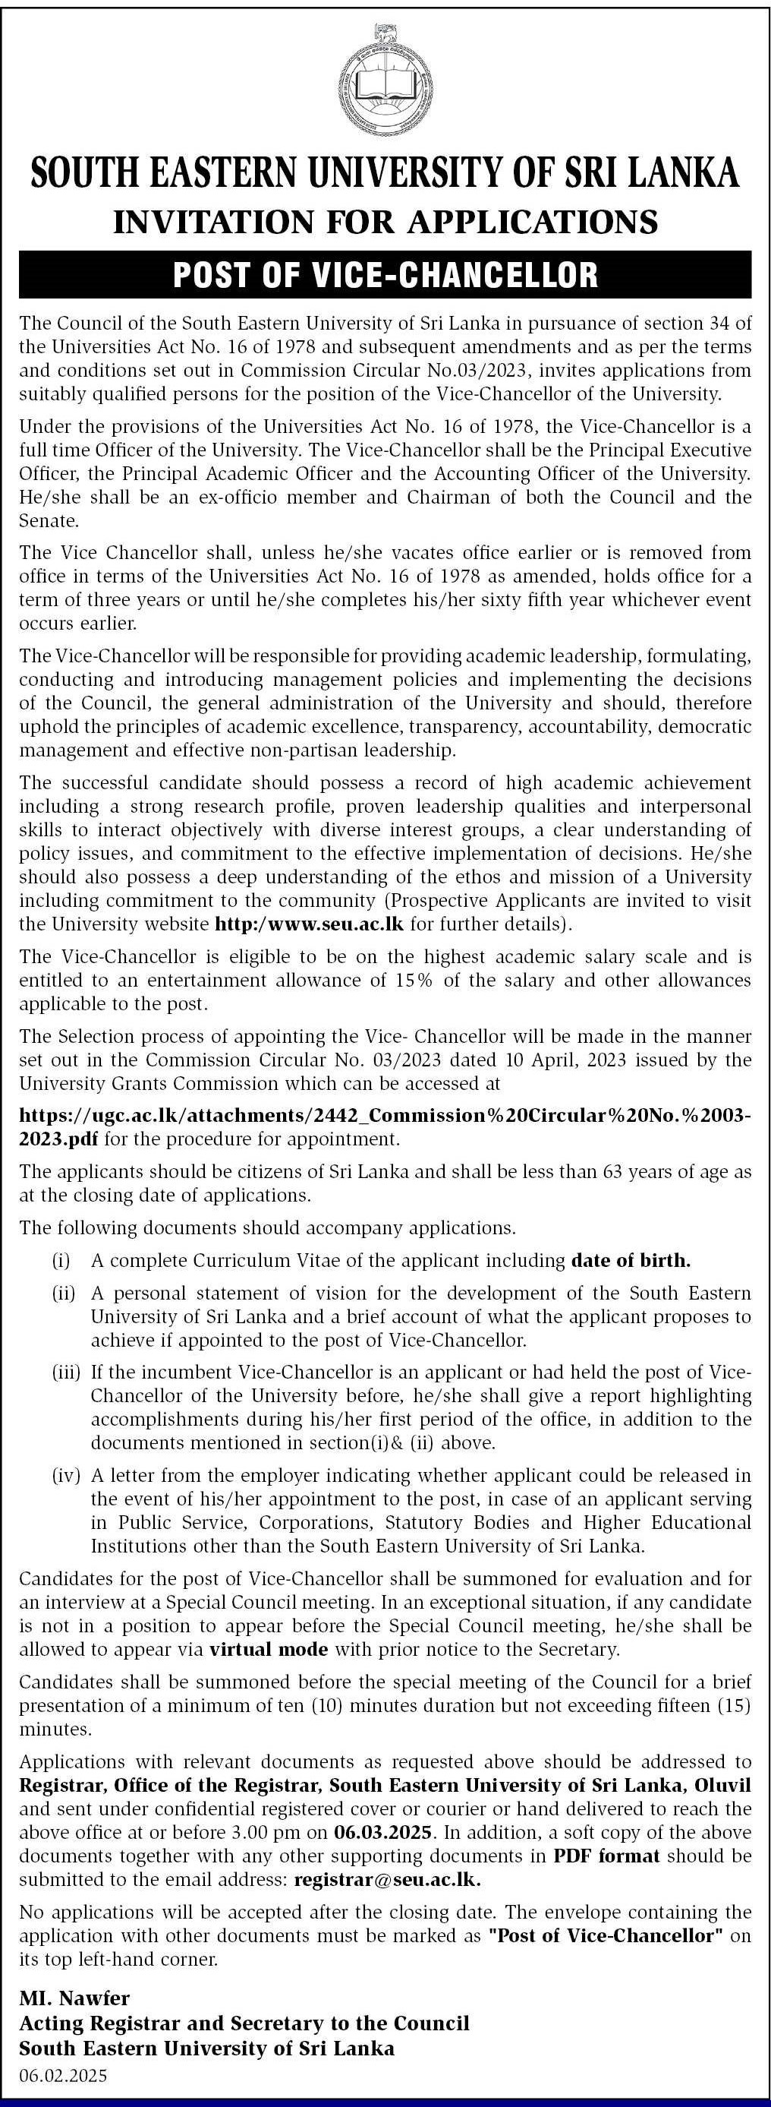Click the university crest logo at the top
[385, 81]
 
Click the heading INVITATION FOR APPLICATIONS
[385, 222]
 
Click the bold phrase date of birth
[631, 1260]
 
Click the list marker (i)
[61, 1260]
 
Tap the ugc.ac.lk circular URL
[384, 1116]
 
